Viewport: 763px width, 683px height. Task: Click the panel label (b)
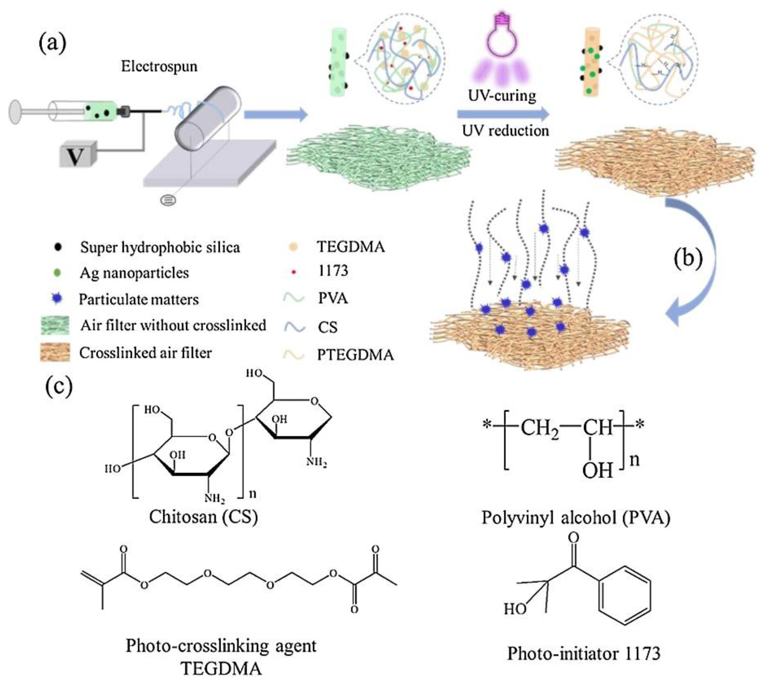(688, 259)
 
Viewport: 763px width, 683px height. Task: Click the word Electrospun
(159, 67)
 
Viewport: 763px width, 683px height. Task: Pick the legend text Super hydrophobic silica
(160, 247)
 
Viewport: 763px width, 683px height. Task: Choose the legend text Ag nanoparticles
(134, 273)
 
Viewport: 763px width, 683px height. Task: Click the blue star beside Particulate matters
(57, 298)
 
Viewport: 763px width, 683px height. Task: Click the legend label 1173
(333, 271)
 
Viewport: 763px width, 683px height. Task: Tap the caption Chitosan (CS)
(204, 517)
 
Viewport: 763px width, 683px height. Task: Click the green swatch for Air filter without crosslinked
(55, 325)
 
